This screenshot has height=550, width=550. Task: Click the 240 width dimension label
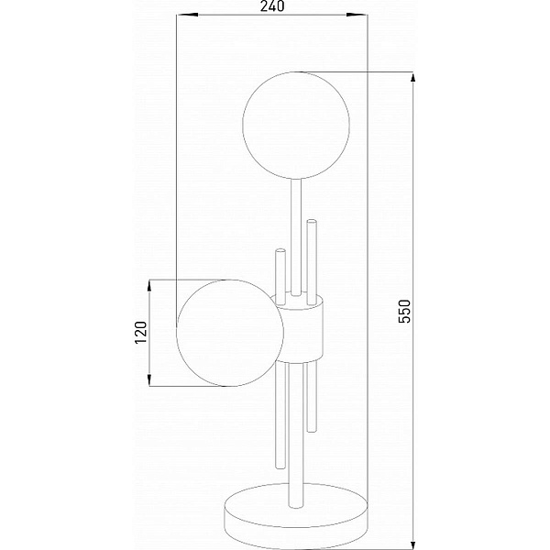pyautogui.click(x=272, y=6)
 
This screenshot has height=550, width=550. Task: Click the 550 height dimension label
pyautogui.click(x=404, y=311)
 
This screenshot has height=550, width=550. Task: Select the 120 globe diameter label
pyautogui.click(x=141, y=332)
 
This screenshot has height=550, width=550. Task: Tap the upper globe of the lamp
pyautogui.click(x=296, y=126)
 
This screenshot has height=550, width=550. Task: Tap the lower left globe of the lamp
pyautogui.click(x=230, y=333)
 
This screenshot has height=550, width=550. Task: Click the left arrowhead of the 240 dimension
pyautogui.click(x=187, y=15)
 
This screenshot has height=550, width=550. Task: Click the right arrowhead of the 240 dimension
pyautogui.click(x=357, y=15)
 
